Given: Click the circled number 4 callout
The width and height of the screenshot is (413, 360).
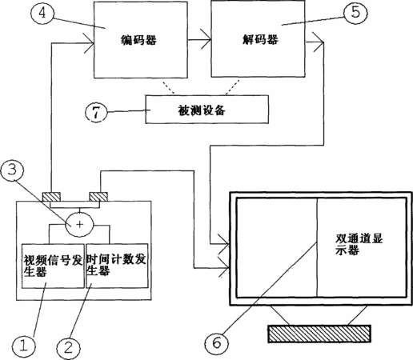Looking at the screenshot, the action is [x=42, y=13].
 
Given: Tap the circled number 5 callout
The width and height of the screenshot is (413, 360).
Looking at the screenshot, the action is [x=355, y=12].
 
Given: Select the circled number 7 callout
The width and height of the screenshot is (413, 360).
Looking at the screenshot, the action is [x=96, y=112].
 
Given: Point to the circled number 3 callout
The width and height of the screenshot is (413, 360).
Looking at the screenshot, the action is [x=12, y=170].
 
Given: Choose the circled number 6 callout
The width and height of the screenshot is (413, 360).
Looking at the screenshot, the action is [x=216, y=342].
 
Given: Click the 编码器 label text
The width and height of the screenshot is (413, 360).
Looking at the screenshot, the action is [x=138, y=41].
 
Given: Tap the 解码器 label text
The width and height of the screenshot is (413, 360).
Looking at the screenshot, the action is [x=260, y=40].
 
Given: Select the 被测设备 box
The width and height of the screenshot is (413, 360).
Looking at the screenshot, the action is [x=206, y=109].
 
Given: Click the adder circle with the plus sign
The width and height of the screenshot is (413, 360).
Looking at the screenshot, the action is [x=79, y=225].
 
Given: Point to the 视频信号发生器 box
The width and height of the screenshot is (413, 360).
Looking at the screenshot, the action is [x=53, y=266].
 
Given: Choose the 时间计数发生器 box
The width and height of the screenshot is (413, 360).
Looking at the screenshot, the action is [x=117, y=266].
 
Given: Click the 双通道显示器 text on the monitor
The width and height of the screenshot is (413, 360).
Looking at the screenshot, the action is [x=359, y=244].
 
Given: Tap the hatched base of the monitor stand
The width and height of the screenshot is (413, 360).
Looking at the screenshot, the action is [x=319, y=334].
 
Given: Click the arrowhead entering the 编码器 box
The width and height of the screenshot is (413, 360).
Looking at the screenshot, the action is [x=89, y=43].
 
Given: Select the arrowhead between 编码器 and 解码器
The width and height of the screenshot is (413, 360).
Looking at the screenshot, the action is [x=206, y=40].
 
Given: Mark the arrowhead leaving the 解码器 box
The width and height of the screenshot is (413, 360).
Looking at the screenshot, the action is [x=318, y=42].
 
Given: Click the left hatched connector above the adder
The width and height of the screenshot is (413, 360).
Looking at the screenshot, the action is [x=52, y=197].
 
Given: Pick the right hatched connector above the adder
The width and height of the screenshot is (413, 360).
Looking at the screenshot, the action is [x=98, y=197].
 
